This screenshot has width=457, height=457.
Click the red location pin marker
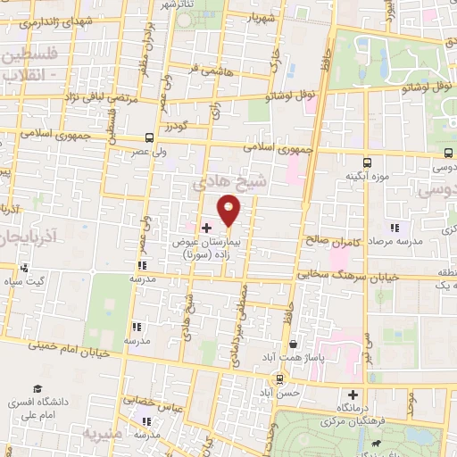point(229,211)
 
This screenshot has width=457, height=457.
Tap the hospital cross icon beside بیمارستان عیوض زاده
point(205,228)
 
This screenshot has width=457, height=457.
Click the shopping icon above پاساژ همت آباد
point(294,344)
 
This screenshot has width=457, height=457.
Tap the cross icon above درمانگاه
point(353,395)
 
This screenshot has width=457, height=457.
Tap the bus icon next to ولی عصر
point(148,138)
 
